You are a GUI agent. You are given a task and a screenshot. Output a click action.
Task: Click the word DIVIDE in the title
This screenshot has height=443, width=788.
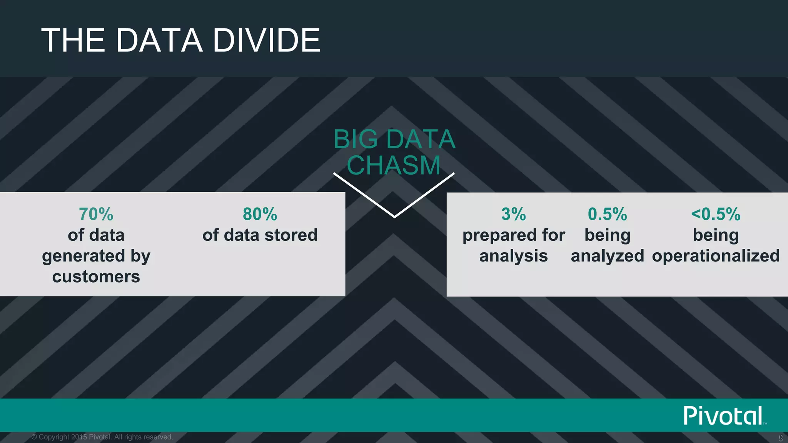tap(266, 40)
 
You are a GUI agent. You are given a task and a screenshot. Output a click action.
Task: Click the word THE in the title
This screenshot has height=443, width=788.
tap(73, 40)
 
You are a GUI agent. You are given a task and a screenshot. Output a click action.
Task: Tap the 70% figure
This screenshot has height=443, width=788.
tap(96, 214)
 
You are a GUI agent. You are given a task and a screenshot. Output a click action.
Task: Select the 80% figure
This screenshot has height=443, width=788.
tap(260, 214)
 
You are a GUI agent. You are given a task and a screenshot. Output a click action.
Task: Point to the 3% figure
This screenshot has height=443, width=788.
tap(513, 214)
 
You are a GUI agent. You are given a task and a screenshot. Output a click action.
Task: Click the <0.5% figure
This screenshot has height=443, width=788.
tap(715, 214)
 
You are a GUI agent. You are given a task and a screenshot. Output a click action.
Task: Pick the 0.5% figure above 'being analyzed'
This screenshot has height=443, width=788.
tap(607, 214)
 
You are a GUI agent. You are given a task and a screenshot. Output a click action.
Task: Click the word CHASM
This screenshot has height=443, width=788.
tap(393, 165)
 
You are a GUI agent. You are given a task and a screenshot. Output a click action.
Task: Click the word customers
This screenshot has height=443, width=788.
tap(96, 276)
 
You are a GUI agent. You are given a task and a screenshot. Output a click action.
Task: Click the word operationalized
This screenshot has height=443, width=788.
tap(716, 256)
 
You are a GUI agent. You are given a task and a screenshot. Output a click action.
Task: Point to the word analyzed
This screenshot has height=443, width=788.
tap(607, 256)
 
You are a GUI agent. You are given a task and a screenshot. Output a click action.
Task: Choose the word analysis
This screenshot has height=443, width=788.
tap(513, 256)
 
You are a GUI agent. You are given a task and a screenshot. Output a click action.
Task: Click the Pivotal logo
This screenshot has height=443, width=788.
tap(723, 416)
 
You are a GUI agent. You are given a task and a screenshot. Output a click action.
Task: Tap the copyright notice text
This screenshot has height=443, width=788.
tap(102, 437)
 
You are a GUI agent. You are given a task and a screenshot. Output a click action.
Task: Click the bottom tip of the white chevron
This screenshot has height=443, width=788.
tap(394, 217)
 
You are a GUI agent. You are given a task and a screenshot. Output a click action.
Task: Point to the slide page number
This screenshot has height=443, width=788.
tap(781, 438)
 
